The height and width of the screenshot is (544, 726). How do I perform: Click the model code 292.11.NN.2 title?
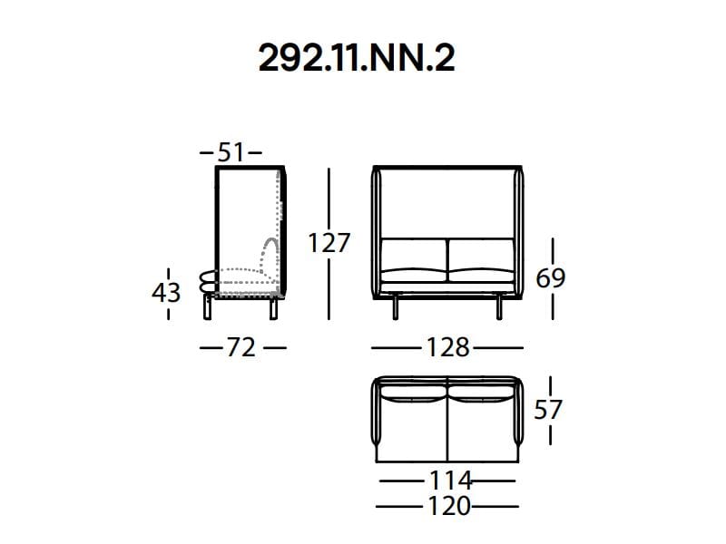pyautogui.click(x=357, y=58)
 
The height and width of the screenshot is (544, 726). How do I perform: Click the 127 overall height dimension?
pyautogui.click(x=329, y=244)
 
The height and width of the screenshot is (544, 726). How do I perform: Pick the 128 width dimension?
pyautogui.click(x=448, y=347)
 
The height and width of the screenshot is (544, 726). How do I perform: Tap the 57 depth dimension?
pyautogui.click(x=547, y=410)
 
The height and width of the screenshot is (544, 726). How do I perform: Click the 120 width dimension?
pyautogui.click(x=449, y=506)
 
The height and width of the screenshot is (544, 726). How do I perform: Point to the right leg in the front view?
pyautogui.click(x=498, y=307)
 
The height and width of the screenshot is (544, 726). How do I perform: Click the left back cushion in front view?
pyautogui.click(x=413, y=255)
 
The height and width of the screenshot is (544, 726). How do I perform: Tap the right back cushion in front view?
pyautogui.click(x=481, y=255)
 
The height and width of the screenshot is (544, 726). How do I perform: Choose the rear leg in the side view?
pyautogui.click(x=272, y=309)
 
